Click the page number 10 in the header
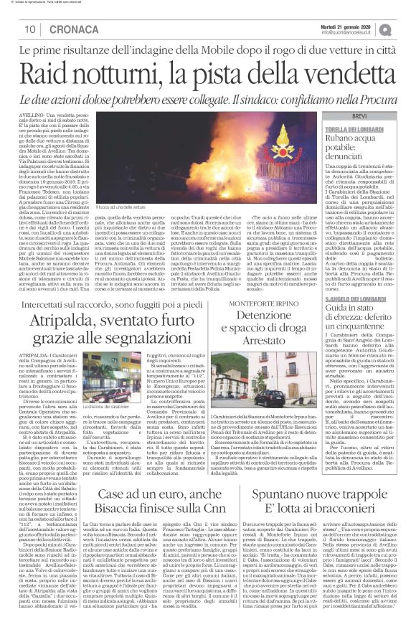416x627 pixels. pyautogui.click(x=32, y=29)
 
